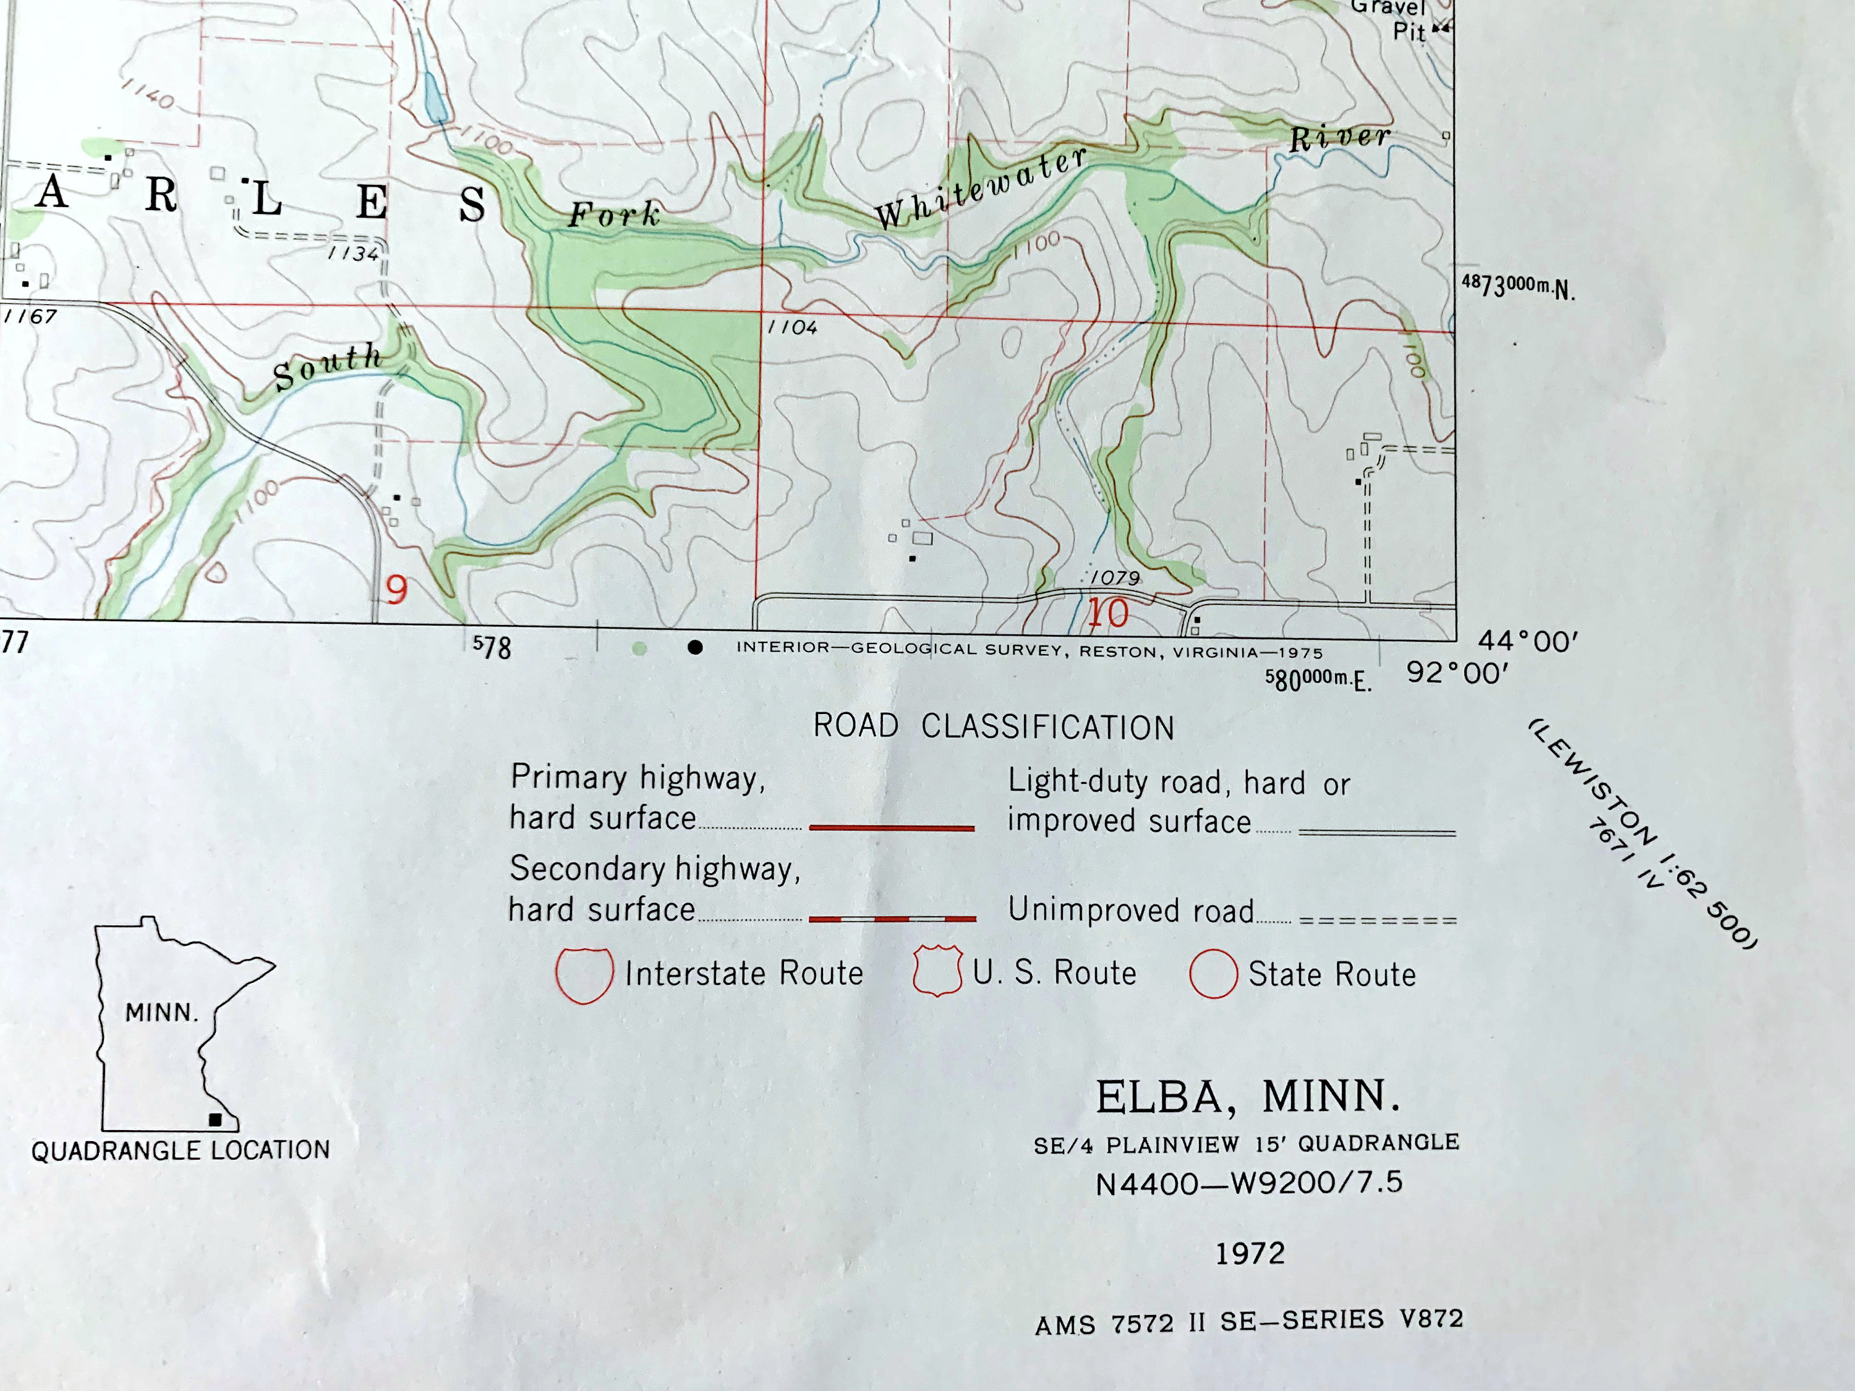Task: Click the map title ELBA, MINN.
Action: coord(1248,1097)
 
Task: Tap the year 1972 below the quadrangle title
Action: coord(1250,1254)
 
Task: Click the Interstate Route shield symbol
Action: coord(584,974)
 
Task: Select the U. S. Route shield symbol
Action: coord(937,972)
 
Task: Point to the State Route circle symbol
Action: coord(1213,974)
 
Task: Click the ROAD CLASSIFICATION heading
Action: coord(994,727)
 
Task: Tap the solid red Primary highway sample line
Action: coord(892,828)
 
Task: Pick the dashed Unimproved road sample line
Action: coord(1377,920)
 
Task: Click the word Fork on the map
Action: coord(615,215)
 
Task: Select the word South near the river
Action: coord(328,367)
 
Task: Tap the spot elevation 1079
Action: coord(1115,577)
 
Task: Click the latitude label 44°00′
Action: coord(1528,642)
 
